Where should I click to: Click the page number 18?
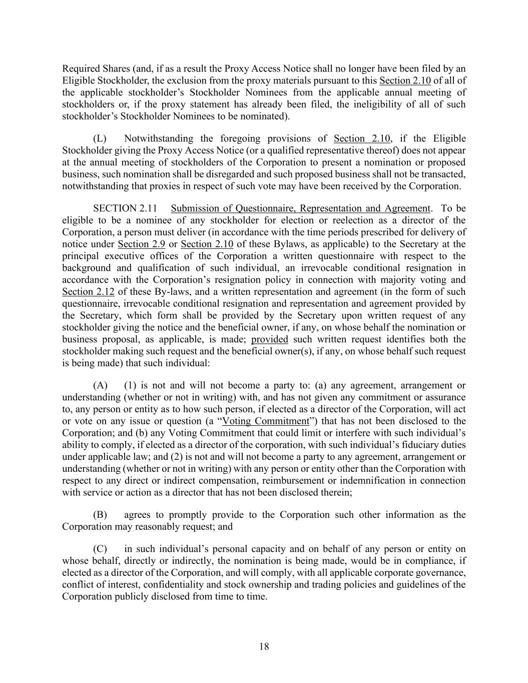264,646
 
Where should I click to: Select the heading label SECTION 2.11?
129,208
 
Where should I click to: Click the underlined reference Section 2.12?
88,292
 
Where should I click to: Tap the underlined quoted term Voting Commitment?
266,421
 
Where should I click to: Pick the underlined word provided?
269,339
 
